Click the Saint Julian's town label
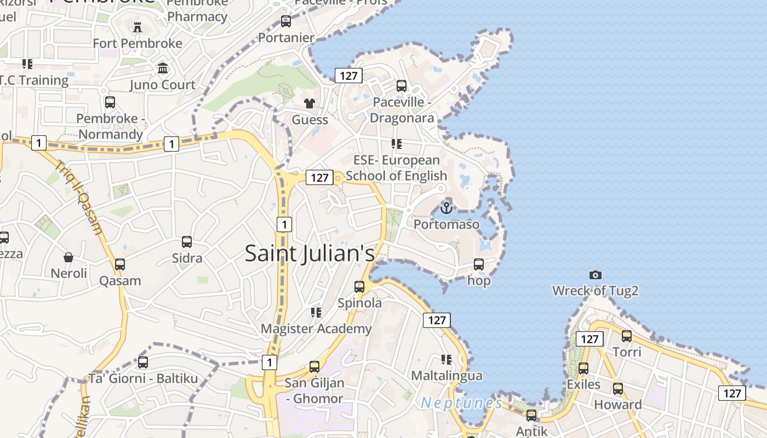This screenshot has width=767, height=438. (310, 253)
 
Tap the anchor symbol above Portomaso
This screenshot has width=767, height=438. (447, 208)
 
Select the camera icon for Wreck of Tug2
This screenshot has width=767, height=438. (595, 275)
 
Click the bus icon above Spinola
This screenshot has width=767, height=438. (359, 287)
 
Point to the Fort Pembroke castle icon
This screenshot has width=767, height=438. (138, 27)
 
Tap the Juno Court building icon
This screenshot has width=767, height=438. (163, 68)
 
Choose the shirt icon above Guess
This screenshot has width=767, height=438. (310, 103)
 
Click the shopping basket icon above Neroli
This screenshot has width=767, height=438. (69, 257)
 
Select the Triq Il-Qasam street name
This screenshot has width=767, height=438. (78, 197)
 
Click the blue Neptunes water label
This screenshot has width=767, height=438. (461, 404)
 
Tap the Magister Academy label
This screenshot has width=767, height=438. (316, 328)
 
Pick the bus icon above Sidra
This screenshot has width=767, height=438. (187, 242)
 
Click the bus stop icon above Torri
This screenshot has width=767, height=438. (627, 336)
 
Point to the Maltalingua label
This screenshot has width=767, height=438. (447, 376)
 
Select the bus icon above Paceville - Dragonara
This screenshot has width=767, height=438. (402, 86)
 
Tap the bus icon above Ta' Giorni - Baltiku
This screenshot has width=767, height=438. (143, 362)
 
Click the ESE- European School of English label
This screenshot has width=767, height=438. (397, 168)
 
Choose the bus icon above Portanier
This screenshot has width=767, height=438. (286, 22)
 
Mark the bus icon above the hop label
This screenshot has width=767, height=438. (479, 265)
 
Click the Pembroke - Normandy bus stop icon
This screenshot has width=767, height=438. (110, 102)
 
